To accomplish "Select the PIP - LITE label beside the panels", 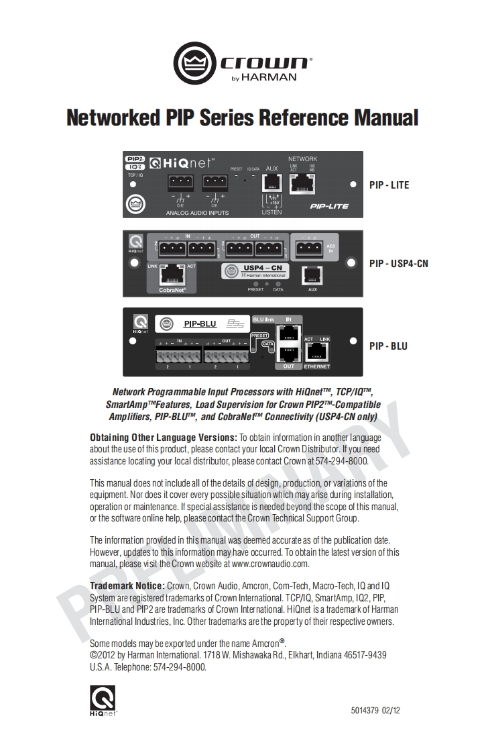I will pos(389,185).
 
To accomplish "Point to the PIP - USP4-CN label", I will pos(398,264).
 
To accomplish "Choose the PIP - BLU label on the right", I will pos(388,346).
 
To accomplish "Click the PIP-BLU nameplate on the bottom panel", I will pos(200,324).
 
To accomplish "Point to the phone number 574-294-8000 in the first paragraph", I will pos(345,461).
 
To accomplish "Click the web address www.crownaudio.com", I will pos(270,564).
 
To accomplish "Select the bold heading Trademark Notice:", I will pos(127,586).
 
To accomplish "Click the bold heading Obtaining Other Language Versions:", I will pos(164,438).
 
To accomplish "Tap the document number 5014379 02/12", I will pos(375,710).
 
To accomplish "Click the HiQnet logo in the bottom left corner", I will pos(103,700).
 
